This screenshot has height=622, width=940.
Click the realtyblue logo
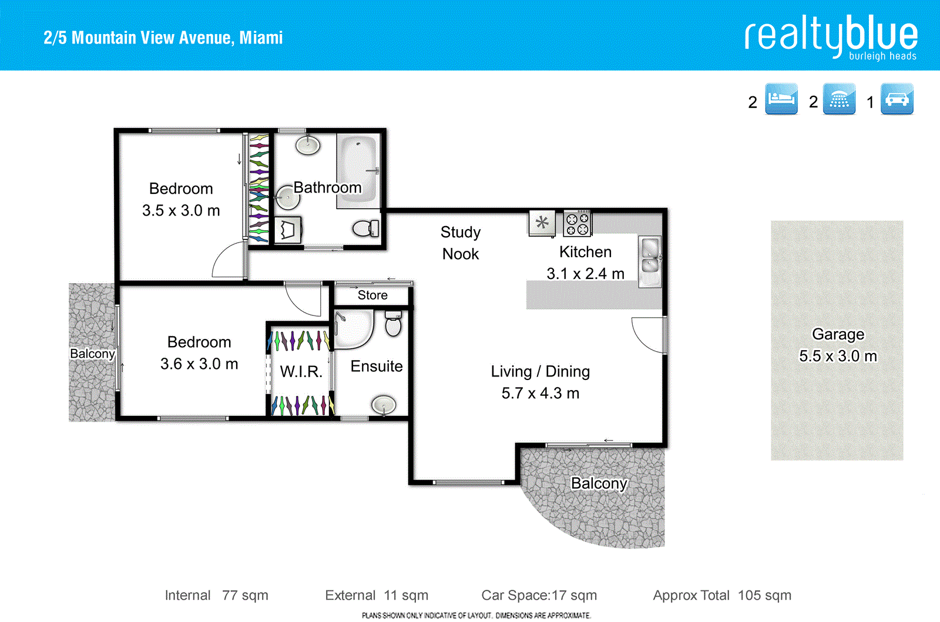(x=831, y=36)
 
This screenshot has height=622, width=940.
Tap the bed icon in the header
(x=781, y=99)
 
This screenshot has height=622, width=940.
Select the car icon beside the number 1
(x=897, y=99)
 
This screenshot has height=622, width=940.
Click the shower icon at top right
(x=839, y=99)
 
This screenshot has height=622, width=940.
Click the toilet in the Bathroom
(x=366, y=228)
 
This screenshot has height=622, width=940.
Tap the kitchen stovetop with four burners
(x=577, y=224)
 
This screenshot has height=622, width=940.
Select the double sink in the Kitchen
(x=650, y=257)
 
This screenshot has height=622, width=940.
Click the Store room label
(x=372, y=295)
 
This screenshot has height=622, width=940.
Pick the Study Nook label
(x=461, y=243)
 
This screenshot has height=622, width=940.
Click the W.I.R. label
(x=301, y=372)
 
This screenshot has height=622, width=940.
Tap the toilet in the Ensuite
(x=393, y=324)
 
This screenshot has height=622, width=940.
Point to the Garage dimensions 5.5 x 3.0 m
(x=838, y=356)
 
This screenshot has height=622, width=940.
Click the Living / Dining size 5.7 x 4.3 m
(x=540, y=393)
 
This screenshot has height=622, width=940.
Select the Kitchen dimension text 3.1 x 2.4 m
(x=585, y=274)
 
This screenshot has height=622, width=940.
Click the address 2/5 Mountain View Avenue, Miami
(x=163, y=38)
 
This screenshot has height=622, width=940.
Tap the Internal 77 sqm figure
(x=216, y=596)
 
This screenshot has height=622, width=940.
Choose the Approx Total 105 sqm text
(x=722, y=596)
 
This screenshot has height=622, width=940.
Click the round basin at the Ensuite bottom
(x=384, y=405)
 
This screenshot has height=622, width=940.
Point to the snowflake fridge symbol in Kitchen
(x=542, y=223)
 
